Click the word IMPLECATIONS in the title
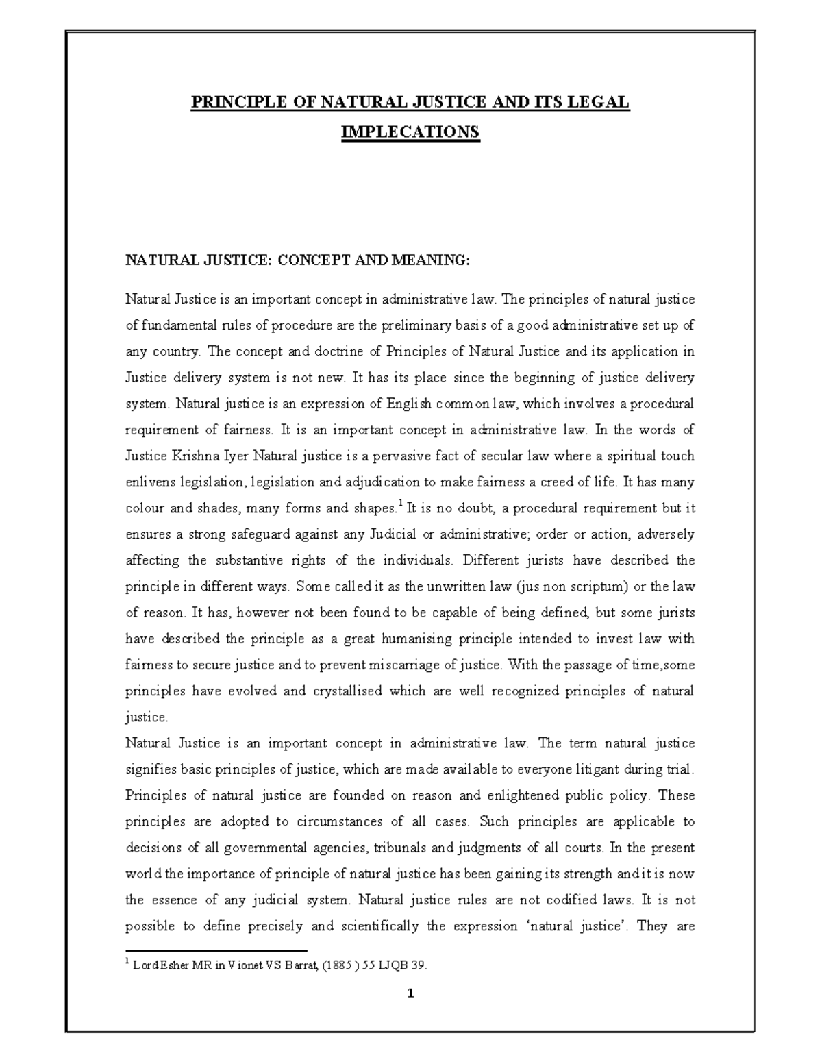point(410,132)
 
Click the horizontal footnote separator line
point(216,951)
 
